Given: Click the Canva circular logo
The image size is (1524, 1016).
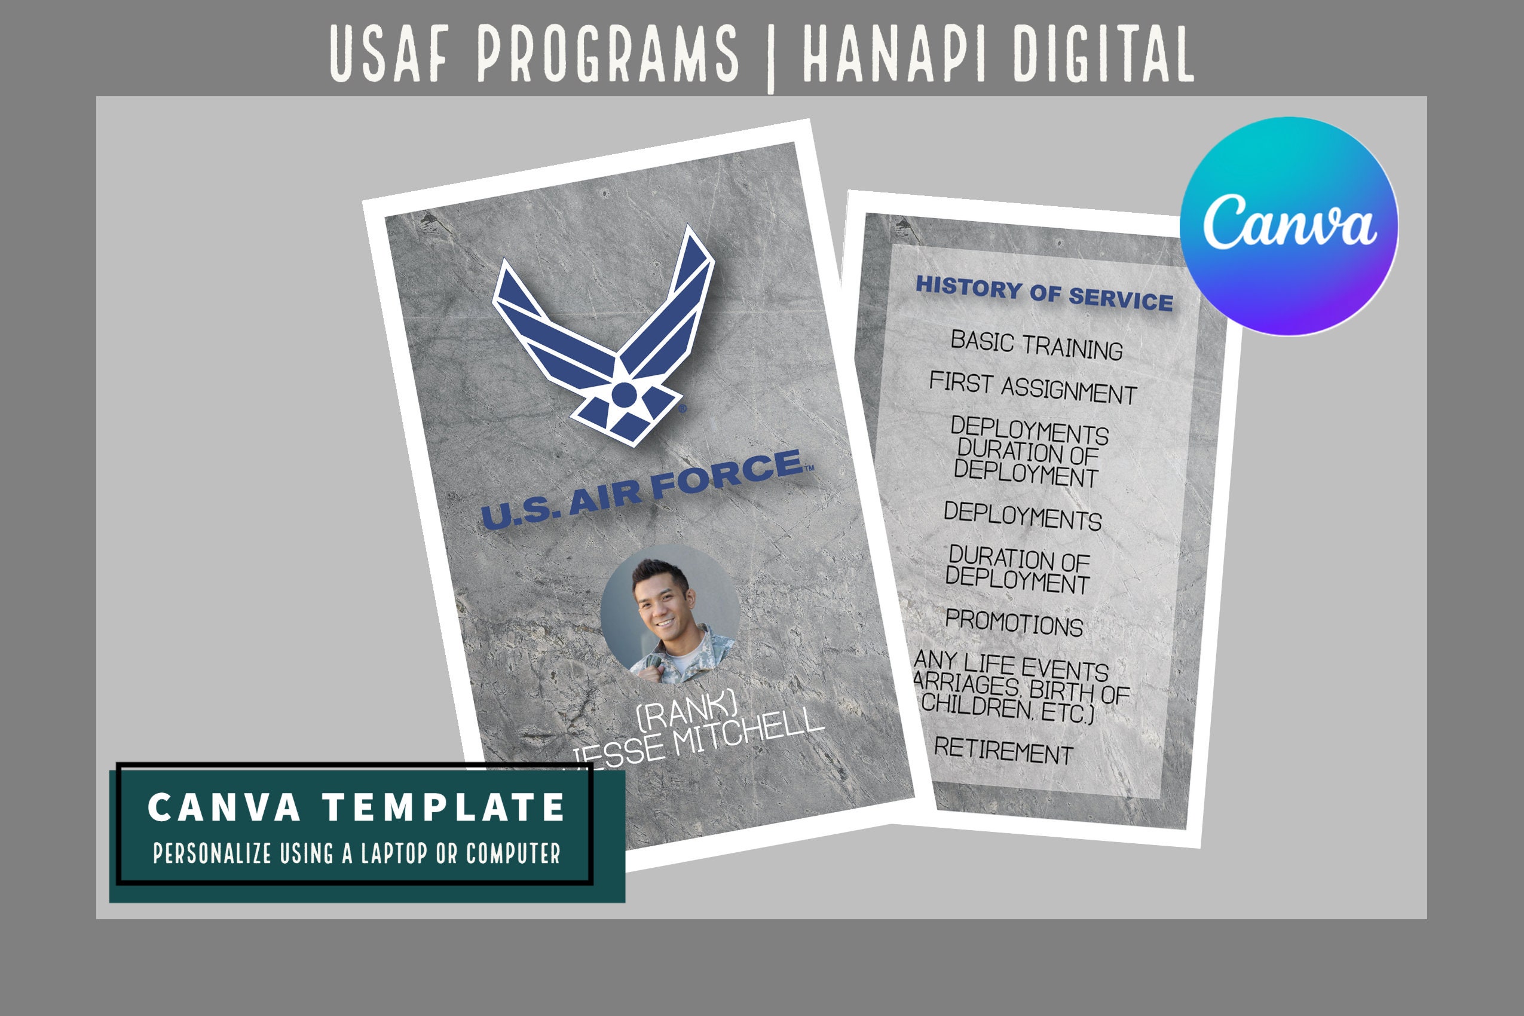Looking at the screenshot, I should coord(1288,226).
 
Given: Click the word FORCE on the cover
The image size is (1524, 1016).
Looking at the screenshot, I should coord(727,476).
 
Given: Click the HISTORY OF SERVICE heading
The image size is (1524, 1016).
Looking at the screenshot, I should coord(1043,293).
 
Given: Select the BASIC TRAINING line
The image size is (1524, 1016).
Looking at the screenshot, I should coord(1036,345).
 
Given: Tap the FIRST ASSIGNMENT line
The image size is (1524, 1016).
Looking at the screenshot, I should coord(1032,387).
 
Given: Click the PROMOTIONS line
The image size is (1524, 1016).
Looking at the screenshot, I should coord(1014,623).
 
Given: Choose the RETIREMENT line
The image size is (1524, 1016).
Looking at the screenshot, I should coord(1003,750).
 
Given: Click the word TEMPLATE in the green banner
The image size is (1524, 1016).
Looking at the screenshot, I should coord(445,807).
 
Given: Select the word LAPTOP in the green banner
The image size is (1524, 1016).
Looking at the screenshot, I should coord(394,853).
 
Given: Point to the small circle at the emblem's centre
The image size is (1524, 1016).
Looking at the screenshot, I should coord(624,394).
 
